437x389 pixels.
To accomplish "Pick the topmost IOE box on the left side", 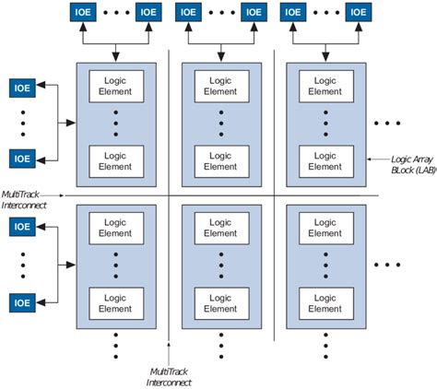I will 23,88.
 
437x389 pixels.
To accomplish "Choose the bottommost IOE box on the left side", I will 23,301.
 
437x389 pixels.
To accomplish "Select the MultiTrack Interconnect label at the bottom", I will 171,376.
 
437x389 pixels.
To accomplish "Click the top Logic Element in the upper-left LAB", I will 115,85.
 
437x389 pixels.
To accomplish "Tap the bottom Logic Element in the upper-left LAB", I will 115,159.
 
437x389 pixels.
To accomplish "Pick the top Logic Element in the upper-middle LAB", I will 221,85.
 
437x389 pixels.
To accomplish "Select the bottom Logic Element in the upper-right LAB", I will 326,159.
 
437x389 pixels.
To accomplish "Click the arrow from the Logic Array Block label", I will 377,159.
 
